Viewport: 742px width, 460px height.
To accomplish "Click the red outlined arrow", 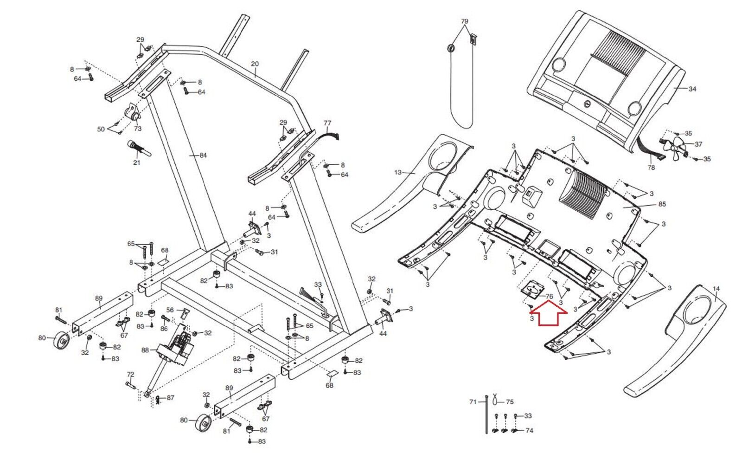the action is click(549, 313).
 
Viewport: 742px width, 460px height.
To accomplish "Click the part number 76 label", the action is click(549, 296).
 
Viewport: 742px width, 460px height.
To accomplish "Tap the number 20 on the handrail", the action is click(255, 64).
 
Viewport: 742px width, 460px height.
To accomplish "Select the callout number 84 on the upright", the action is click(203, 155).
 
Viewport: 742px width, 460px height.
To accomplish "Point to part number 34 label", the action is click(692, 89).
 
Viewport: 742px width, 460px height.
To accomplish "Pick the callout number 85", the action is click(662, 204).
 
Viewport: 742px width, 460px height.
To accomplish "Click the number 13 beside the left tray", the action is click(397, 172).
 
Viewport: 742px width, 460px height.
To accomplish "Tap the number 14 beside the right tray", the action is click(716, 289).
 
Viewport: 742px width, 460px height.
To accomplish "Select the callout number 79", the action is click(464, 21).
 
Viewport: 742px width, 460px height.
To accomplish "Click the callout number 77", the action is click(327, 123).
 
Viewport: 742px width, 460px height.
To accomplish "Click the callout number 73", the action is click(137, 129).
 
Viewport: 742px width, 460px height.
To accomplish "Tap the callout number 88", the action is click(145, 350).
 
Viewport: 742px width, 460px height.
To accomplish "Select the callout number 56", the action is click(170, 310).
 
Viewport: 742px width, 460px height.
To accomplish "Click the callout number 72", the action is click(130, 374).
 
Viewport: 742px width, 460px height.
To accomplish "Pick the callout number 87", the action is click(170, 397).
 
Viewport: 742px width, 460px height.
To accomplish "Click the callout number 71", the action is click(473, 402).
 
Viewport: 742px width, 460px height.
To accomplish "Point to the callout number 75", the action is click(510, 402).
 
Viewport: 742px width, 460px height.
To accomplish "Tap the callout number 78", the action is click(651, 168).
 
